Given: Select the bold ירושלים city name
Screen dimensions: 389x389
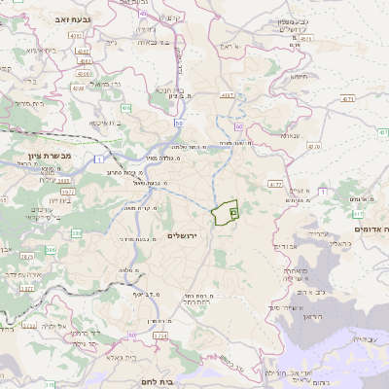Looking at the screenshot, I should point(183,235).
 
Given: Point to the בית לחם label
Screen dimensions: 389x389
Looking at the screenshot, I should point(156,383).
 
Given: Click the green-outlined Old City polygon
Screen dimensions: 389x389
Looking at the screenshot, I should point(226,211).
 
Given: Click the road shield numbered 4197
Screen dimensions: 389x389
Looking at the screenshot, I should point(228,94).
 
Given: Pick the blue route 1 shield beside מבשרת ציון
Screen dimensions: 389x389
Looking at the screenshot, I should point(100,158).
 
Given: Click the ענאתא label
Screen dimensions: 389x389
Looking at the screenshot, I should point(289,135).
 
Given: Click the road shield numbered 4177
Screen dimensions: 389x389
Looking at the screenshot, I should point(275,183).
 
